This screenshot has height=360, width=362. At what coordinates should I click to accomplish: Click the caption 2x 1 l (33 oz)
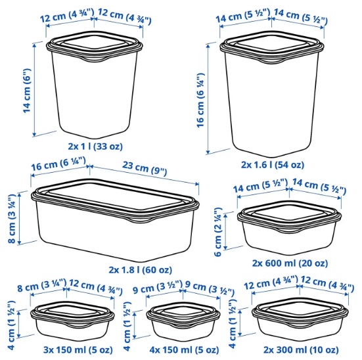pyautogui.click(x=95, y=146)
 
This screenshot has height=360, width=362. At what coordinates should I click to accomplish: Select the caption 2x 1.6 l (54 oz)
pyautogui.click(x=273, y=165)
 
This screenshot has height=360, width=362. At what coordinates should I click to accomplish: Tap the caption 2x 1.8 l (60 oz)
pyautogui.click(x=141, y=270)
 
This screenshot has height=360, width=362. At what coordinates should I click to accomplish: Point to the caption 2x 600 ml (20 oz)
pyautogui.click(x=290, y=263)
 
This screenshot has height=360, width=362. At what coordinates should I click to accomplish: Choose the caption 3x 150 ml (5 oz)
pyautogui.click(x=78, y=350)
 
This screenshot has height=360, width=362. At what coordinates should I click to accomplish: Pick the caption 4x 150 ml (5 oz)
pyautogui.click(x=184, y=350)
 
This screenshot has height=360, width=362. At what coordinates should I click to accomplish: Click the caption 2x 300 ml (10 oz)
pyautogui.click(x=301, y=350)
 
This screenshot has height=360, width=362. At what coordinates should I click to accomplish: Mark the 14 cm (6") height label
pyautogui.click(x=27, y=91)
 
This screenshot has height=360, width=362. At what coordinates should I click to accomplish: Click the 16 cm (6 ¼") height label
pyautogui.click(x=200, y=100)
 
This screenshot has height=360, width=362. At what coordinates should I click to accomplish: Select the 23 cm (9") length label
pyautogui.click(x=145, y=168)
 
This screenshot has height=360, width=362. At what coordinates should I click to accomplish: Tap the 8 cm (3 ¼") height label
pyautogui.click(x=12, y=219)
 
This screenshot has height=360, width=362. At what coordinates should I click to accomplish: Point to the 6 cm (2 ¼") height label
pyautogui.click(x=217, y=232)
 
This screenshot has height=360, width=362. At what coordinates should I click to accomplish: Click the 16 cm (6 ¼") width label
pyautogui.click(x=58, y=164)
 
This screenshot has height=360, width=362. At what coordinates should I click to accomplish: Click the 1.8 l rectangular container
pyautogui.click(x=115, y=220)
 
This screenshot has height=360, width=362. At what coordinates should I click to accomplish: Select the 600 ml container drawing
pyautogui.click(x=289, y=228)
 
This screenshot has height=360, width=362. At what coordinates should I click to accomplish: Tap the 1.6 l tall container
pyautogui.click(x=272, y=94)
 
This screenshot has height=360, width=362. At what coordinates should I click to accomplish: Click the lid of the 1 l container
pyautogui.click(x=95, y=46)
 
